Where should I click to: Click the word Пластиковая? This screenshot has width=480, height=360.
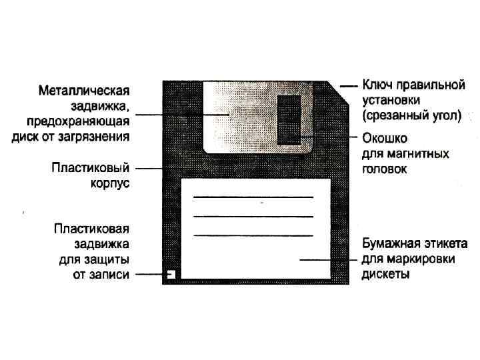(91, 229)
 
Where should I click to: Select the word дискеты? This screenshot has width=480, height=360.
(385, 273)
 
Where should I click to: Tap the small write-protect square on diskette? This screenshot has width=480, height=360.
(171, 273)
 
